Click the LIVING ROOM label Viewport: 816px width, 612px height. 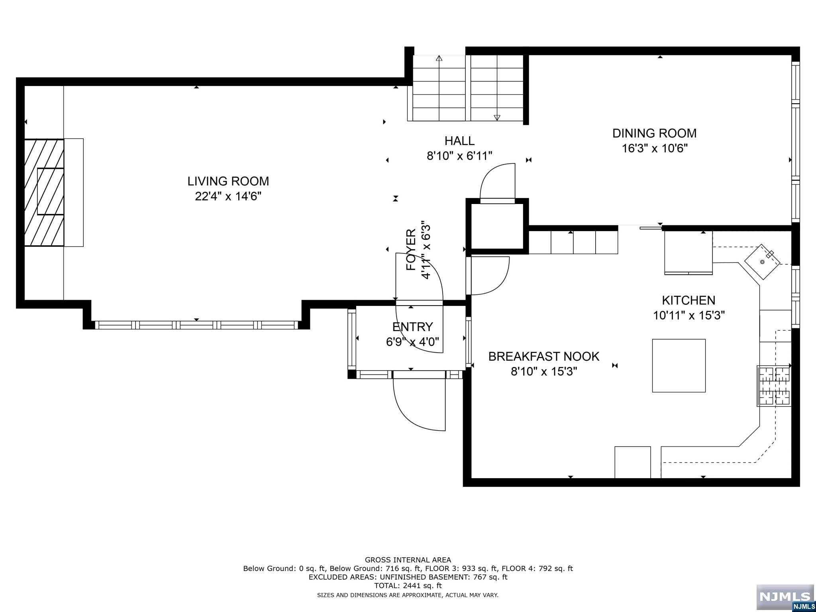pyautogui.click(x=228, y=181)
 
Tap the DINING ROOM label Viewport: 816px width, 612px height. pyautogui.click(x=654, y=133)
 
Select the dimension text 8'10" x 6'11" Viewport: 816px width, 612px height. pyautogui.click(x=459, y=156)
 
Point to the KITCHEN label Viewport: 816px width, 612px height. pyautogui.click(x=688, y=300)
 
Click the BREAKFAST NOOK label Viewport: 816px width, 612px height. pyautogui.click(x=544, y=356)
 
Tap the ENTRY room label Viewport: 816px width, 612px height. pyautogui.click(x=412, y=327)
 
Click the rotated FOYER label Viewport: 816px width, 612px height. pyautogui.click(x=411, y=250)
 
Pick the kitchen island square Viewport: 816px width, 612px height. pyautogui.click(x=679, y=365)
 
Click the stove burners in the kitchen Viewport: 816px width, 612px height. pyautogui.click(x=774, y=386)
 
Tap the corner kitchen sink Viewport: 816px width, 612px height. pyautogui.click(x=762, y=261)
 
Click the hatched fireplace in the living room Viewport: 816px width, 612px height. pyautogui.click(x=44, y=192)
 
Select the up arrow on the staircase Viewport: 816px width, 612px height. pyautogui.click(x=439, y=58)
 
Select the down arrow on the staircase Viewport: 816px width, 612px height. pyautogui.click(x=497, y=117)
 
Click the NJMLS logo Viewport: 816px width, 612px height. pyautogui.click(x=785, y=597)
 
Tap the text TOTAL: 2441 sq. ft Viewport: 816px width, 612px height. pyautogui.click(x=408, y=586)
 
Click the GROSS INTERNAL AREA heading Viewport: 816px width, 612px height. pyautogui.click(x=408, y=560)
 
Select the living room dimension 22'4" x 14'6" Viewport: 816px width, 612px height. pyautogui.click(x=228, y=196)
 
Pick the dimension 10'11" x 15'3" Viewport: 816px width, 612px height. pyautogui.click(x=688, y=315)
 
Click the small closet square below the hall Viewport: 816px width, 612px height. pyautogui.click(x=497, y=226)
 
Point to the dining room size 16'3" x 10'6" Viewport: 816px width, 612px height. pyautogui.click(x=655, y=148)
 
